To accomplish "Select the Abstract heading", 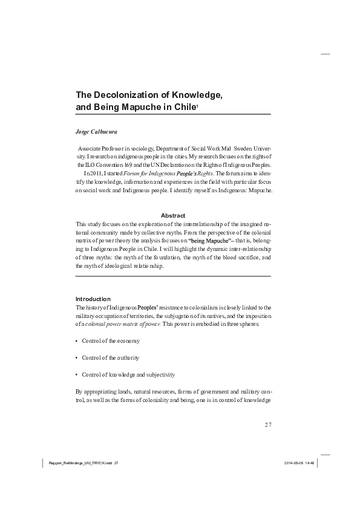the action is [173, 216].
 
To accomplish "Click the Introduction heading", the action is [93, 299].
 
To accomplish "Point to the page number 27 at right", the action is [268, 424].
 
